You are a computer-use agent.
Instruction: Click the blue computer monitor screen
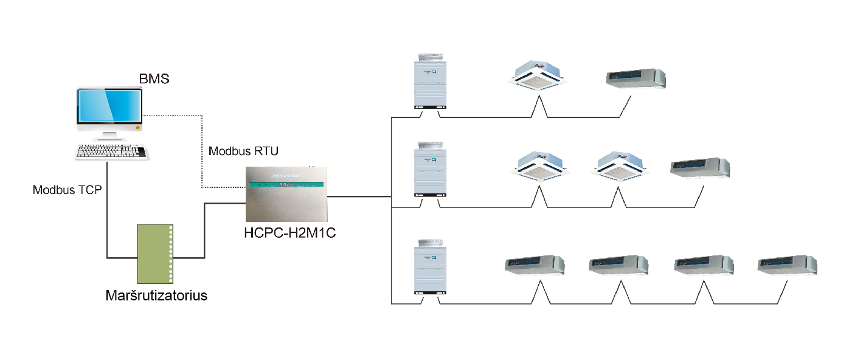[x=109, y=107]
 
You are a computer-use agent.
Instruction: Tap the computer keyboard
[x=112, y=152]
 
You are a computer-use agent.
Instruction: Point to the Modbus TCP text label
[x=67, y=190]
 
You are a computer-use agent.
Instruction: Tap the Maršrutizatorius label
[x=156, y=296]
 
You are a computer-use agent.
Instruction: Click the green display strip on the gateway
[x=286, y=185]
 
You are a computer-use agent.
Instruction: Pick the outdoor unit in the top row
[x=431, y=81]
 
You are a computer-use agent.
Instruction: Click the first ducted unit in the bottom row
[x=535, y=266]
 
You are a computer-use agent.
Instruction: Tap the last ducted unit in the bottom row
[x=788, y=266]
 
